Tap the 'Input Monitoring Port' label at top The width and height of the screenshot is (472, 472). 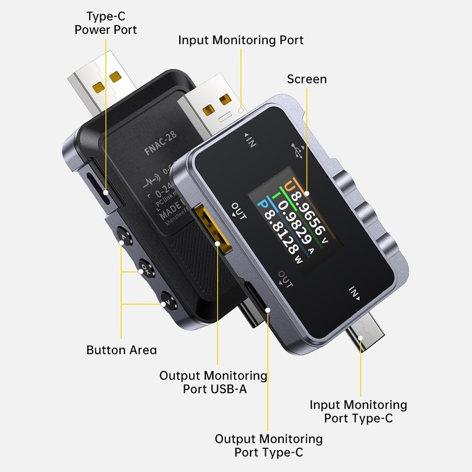click(241, 40)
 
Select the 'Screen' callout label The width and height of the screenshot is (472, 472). click(307, 78)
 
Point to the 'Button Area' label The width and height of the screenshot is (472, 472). click(121, 350)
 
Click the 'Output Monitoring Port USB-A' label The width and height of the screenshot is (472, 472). click(213, 382)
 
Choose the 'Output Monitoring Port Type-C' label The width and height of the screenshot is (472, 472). click(269, 445)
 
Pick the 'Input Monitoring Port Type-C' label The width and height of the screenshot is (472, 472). click(358, 411)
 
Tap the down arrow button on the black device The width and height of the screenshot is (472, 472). click(167, 300)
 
